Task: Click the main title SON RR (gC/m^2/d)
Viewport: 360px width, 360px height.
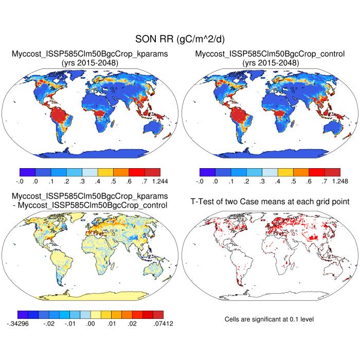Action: (x=179, y=39)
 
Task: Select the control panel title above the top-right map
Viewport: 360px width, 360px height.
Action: (x=270, y=58)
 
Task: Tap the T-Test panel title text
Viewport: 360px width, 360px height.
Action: (x=270, y=201)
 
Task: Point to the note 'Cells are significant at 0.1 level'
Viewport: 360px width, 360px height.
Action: (x=269, y=319)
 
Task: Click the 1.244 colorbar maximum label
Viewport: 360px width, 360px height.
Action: (x=160, y=182)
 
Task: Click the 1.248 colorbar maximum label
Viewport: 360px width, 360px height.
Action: (x=340, y=182)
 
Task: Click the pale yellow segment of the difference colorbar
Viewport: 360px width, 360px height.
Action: (x=96, y=315)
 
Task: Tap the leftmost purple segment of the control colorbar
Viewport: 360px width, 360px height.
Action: (x=207, y=173)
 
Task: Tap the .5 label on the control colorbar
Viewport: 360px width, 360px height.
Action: (x=293, y=182)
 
